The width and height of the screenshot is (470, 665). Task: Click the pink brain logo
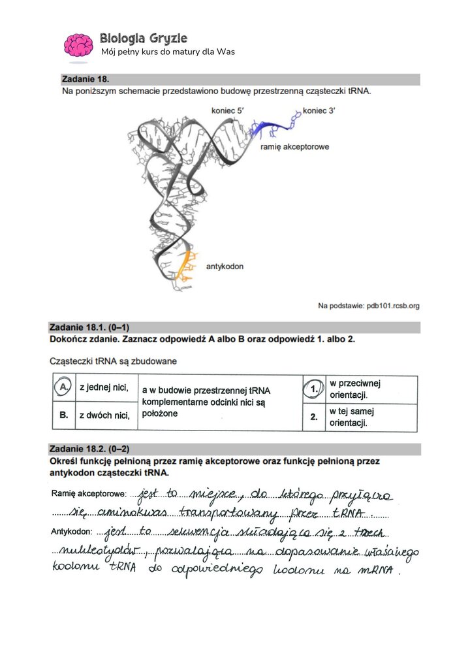point(79,45)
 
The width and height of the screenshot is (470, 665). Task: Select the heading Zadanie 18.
point(81,80)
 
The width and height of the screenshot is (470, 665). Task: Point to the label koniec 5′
point(227,112)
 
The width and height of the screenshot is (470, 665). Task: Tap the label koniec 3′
point(319,111)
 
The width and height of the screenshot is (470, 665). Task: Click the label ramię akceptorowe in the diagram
point(294,148)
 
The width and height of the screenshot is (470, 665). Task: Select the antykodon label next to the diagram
point(225,267)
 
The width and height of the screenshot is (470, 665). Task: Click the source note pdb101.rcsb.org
point(368,305)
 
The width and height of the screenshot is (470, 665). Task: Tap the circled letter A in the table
point(63,388)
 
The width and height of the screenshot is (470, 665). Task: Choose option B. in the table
point(63,414)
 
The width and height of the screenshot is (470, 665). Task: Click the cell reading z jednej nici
point(103,387)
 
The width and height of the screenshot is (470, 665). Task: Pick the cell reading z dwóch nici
point(104,414)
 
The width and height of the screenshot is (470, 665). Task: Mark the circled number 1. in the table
point(314,389)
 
